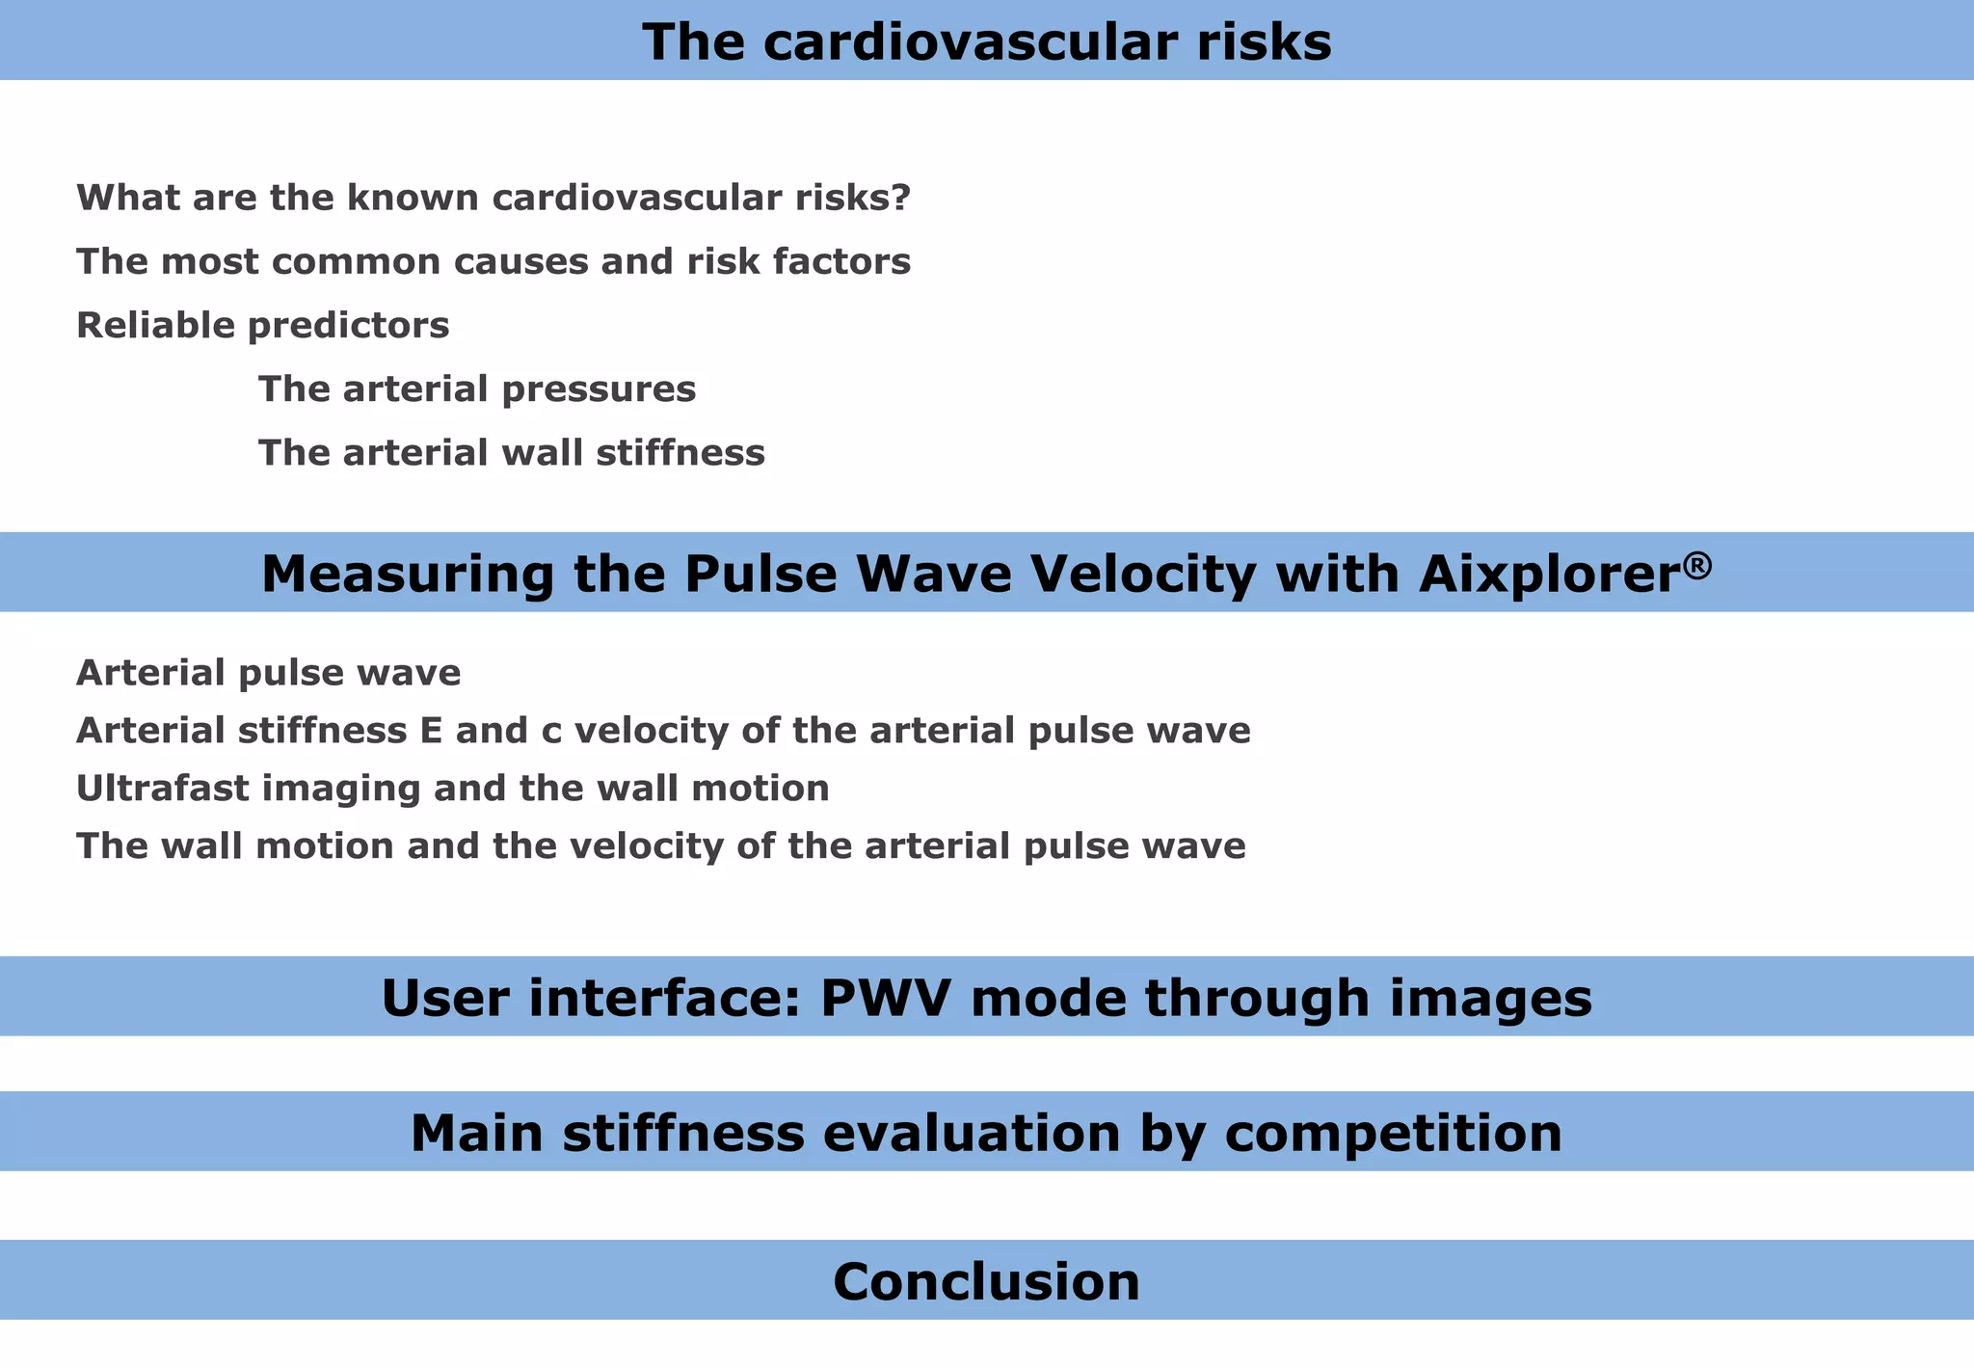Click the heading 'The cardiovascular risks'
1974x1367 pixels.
click(x=986, y=42)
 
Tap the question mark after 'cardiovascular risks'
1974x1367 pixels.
click(x=901, y=198)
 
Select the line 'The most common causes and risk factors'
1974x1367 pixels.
click(x=493, y=261)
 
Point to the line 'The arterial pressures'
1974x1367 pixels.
click(x=476, y=389)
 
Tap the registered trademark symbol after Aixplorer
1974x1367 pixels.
click(x=1699, y=563)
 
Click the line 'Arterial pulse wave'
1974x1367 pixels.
click(x=268, y=672)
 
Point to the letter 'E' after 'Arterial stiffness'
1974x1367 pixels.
click(x=431, y=730)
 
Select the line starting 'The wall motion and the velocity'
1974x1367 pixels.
click(x=660, y=845)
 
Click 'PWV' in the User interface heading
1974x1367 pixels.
click(x=887, y=998)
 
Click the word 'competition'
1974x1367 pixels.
click(x=1393, y=1133)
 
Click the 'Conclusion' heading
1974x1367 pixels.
click(x=986, y=1281)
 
